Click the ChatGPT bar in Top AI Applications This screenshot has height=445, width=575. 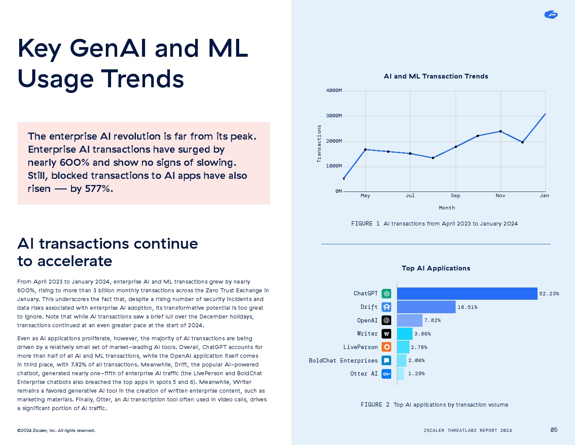pos(467,294)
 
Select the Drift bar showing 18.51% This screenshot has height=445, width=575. pos(426,307)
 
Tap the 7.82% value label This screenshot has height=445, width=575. pos(433,320)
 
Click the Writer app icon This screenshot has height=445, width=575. pos(386,334)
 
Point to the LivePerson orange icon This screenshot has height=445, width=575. pos(386,347)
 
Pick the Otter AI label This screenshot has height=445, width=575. pos(364,374)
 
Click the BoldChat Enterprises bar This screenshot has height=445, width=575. pos(402,360)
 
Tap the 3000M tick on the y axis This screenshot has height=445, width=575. pos(334,116)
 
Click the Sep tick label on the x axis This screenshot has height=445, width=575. pos(455,195)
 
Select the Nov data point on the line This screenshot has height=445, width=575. pos(501,131)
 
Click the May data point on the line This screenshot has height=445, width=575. pos(365,150)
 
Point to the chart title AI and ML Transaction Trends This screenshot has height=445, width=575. pos(436,76)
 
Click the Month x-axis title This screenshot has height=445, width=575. pos(446,208)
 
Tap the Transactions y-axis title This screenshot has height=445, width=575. pos(319,144)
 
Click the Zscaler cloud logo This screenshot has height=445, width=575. pos(551,15)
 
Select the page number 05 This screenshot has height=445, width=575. pos(554,430)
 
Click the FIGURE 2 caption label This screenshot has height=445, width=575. pos(375,405)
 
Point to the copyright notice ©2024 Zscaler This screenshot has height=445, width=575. pos(56,431)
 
